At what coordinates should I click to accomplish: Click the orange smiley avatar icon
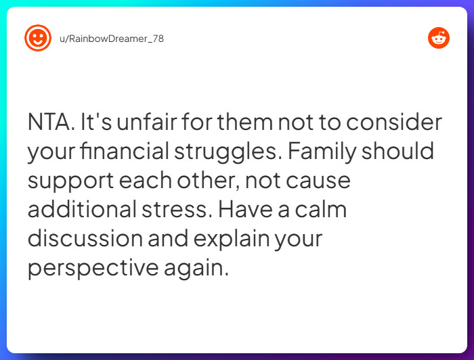click(38, 38)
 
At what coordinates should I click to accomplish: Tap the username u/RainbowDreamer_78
click(112, 39)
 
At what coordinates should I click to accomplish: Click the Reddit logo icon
click(439, 38)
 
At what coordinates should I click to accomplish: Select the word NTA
click(50, 123)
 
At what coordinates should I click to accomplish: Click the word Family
click(321, 152)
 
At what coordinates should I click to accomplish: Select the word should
click(397, 152)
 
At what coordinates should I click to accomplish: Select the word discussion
click(85, 239)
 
